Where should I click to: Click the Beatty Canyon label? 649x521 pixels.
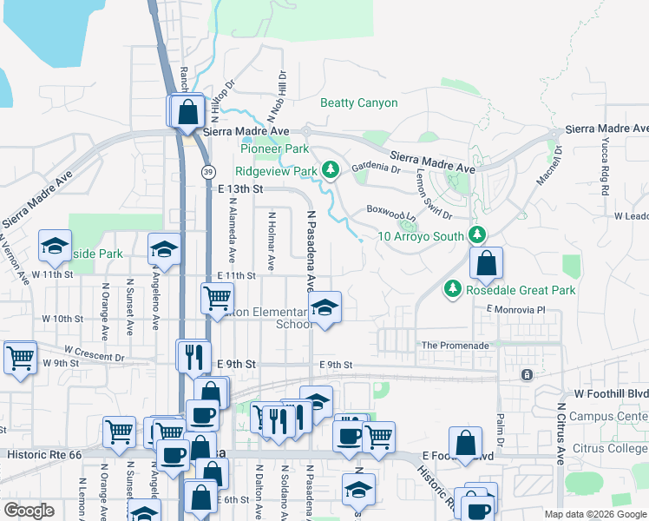[358, 102]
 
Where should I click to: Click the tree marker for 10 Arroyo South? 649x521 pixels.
[476, 234]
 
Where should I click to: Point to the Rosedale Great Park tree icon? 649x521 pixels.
[451, 289]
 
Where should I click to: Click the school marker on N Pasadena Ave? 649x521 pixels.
[324, 308]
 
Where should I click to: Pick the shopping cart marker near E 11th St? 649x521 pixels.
[217, 299]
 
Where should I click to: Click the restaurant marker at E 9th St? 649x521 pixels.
[193, 355]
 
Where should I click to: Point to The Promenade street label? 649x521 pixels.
[455, 346]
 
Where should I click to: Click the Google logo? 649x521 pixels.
[29, 511]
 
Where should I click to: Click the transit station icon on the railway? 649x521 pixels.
[526, 374]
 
